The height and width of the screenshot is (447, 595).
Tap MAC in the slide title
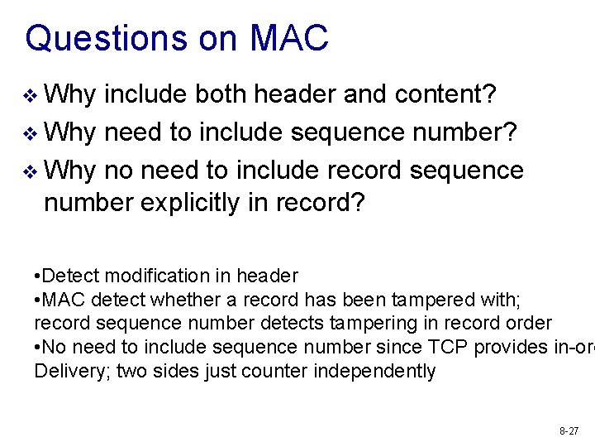coord(289,38)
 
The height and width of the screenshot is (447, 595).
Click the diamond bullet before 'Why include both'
coord(31,97)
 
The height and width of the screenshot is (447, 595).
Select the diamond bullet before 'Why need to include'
coord(31,133)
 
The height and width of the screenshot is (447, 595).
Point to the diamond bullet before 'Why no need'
coord(31,171)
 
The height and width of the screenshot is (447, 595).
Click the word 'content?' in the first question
coord(445,95)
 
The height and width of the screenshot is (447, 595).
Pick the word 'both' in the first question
coord(221,95)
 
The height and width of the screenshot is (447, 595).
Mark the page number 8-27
coord(569,430)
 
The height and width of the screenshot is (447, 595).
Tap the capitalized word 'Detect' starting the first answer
coord(69,276)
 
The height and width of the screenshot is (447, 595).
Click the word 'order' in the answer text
coord(529,323)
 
